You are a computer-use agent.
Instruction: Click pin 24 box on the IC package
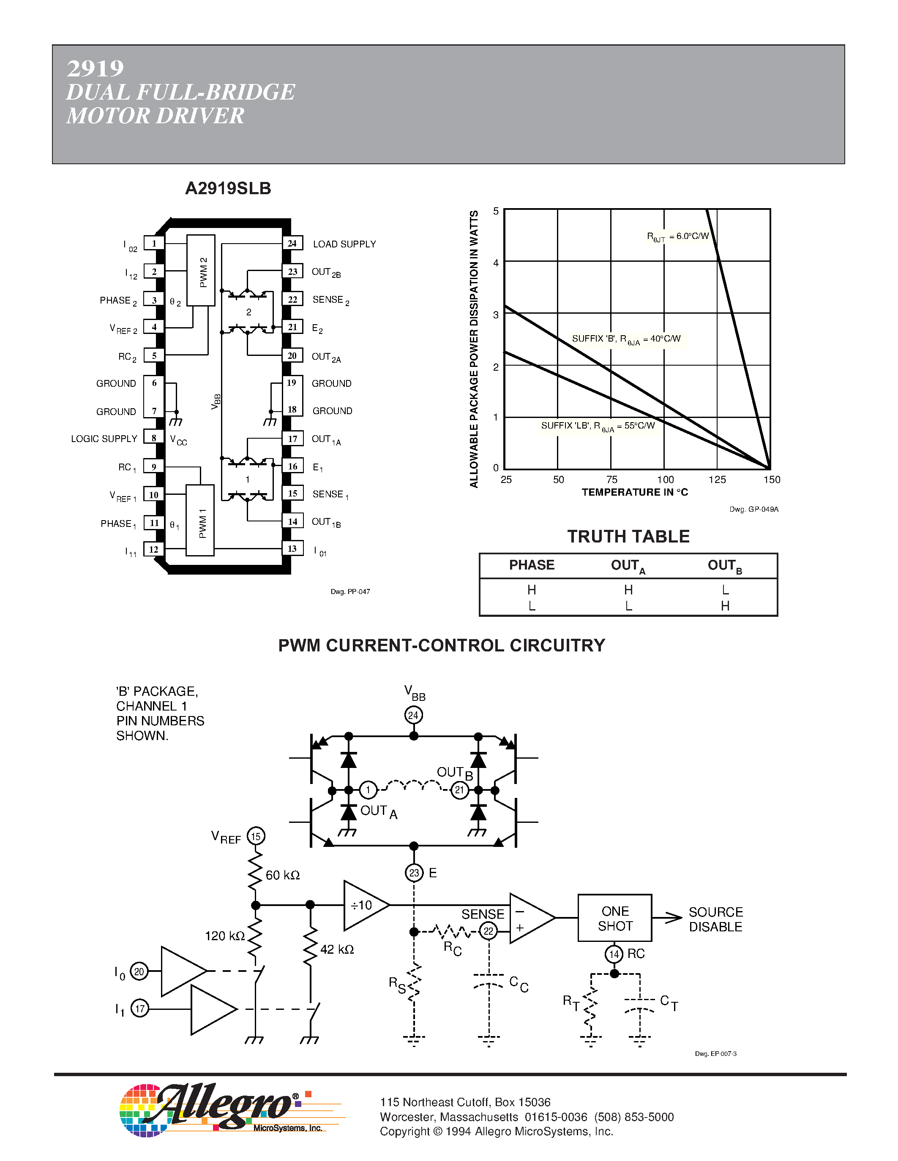coord(292,244)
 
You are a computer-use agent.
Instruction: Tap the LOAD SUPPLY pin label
coord(344,244)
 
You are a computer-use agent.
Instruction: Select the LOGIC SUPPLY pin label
coord(104,439)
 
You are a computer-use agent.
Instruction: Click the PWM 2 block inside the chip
coord(201,271)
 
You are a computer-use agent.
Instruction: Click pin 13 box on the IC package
coord(292,548)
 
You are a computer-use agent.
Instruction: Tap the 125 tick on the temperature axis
coord(717,480)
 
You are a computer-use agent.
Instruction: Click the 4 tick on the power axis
coord(496,263)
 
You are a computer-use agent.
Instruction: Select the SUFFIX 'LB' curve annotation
coord(598,426)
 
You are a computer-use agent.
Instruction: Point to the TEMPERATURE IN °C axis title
coord(635,492)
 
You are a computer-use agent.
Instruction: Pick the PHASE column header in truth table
coord(532,565)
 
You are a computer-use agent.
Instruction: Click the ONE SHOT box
coord(614,918)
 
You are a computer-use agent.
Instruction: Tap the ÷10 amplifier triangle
coord(363,905)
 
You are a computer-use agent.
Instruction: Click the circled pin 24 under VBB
coord(413,715)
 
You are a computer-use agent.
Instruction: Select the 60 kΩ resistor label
coord(282,875)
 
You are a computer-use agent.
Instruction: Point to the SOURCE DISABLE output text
coord(715,919)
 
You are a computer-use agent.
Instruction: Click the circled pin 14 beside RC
coord(614,954)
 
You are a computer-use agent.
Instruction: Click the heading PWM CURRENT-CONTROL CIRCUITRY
coord(442,646)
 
